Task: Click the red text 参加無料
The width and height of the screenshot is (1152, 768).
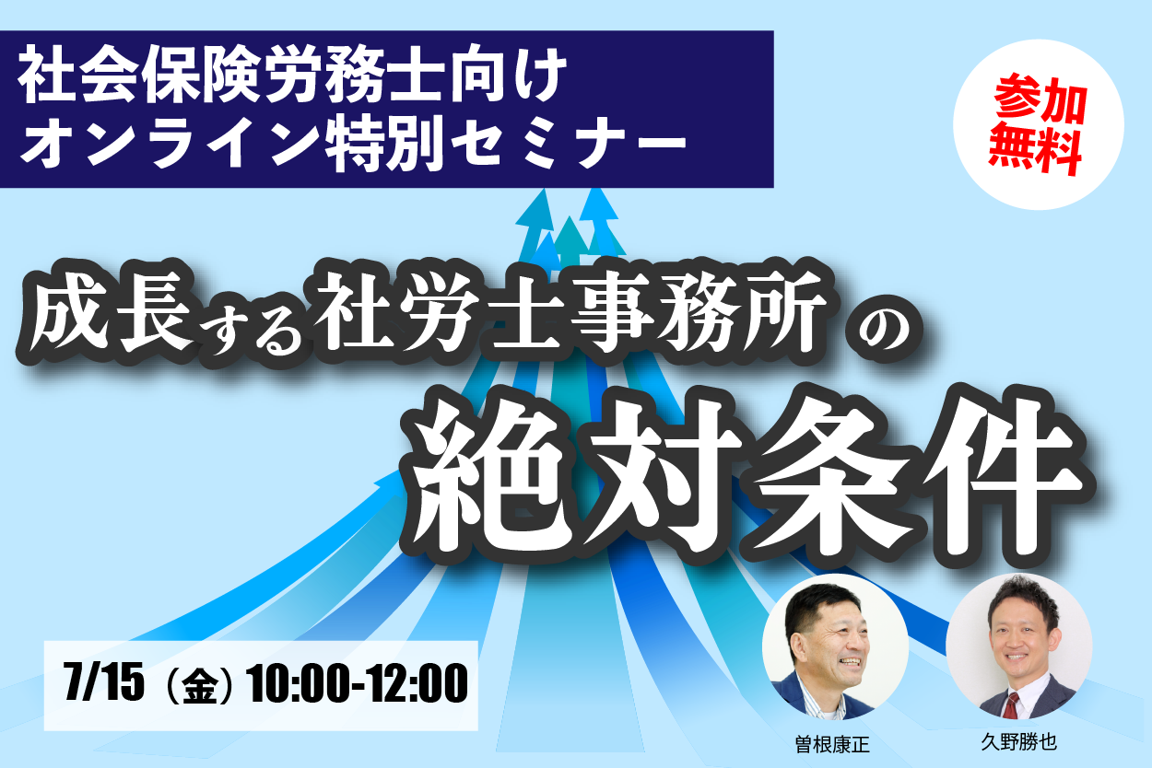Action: (x=1039, y=125)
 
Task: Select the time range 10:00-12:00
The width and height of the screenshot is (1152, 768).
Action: (x=358, y=682)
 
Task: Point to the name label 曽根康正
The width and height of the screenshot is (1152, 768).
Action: (x=832, y=744)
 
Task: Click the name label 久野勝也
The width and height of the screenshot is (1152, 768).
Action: (x=1018, y=742)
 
